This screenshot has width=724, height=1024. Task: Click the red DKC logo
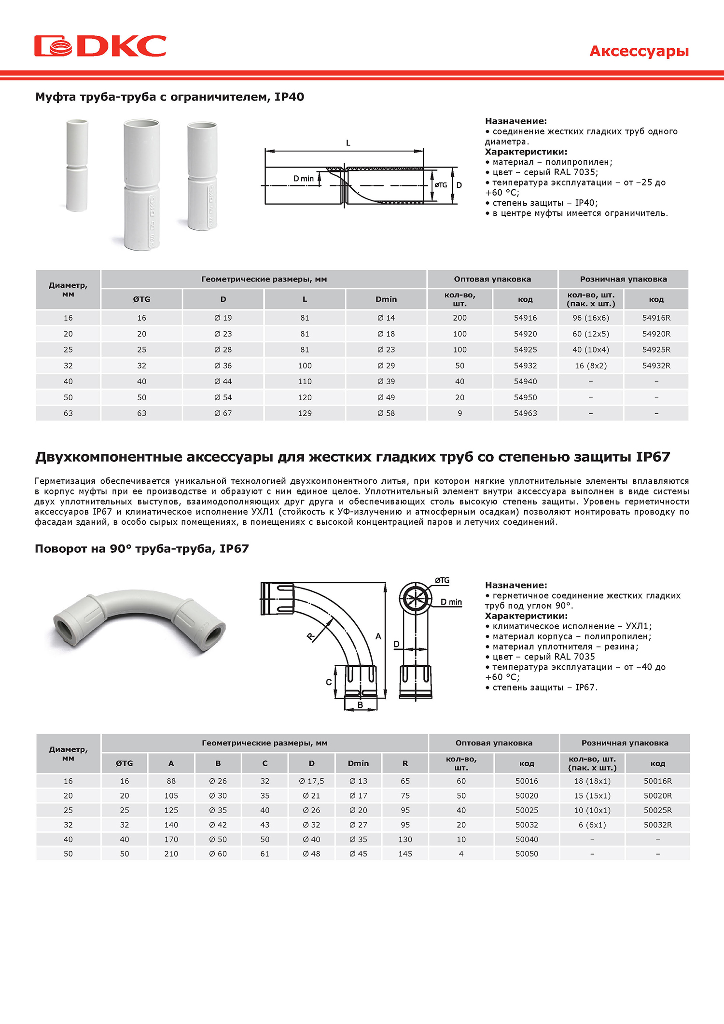100,46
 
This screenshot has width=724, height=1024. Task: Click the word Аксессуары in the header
639,51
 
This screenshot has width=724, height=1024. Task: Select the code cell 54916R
656,318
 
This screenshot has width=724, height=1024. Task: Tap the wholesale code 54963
525,413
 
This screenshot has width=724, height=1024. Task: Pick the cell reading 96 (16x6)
591,318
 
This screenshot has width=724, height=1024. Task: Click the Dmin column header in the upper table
386,299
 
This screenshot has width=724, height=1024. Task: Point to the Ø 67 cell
223,413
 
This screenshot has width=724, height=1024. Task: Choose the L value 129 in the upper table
305,413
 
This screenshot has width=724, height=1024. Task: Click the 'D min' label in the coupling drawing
304,179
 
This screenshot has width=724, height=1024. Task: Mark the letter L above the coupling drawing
348,143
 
